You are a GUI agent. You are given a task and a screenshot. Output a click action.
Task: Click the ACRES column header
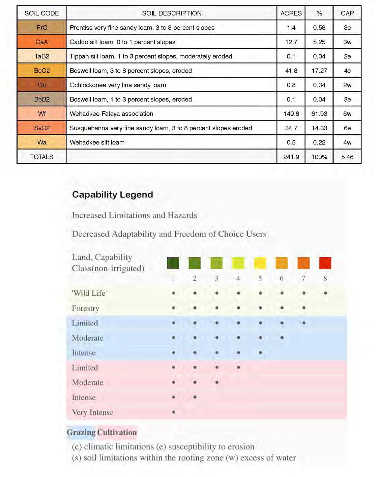click(291, 13)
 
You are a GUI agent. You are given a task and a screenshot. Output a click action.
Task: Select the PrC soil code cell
click(41, 28)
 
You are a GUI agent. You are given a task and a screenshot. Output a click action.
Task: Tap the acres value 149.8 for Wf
click(291, 114)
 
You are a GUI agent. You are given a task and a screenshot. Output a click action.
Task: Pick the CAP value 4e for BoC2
click(347, 71)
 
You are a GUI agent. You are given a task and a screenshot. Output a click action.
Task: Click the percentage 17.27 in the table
click(319, 71)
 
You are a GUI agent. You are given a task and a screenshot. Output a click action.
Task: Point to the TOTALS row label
click(41, 157)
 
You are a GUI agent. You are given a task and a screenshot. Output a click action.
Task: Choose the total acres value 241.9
click(291, 157)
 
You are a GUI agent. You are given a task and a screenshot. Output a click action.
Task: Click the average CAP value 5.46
click(347, 157)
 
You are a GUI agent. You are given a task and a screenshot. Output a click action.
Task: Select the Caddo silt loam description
click(122, 42)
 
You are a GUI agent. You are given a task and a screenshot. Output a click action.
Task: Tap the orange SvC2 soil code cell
click(41, 128)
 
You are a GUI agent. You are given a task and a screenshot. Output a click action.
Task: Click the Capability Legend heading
click(113, 194)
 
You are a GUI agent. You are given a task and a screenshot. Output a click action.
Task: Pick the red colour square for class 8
click(325, 263)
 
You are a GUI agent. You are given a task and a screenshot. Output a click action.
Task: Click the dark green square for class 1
click(173, 263)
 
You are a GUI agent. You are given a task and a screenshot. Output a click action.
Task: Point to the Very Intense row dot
click(173, 412)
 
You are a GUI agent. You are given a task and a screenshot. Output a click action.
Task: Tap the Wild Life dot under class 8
click(325, 293)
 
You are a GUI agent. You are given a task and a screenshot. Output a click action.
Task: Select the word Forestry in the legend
click(86, 308)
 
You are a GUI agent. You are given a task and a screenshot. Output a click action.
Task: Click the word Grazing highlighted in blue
click(81, 432)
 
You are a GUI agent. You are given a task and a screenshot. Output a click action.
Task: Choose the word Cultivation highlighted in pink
click(117, 432)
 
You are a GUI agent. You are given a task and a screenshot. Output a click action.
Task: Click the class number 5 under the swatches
click(260, 279)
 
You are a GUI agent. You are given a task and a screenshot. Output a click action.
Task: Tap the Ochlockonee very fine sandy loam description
click(118, 85)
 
